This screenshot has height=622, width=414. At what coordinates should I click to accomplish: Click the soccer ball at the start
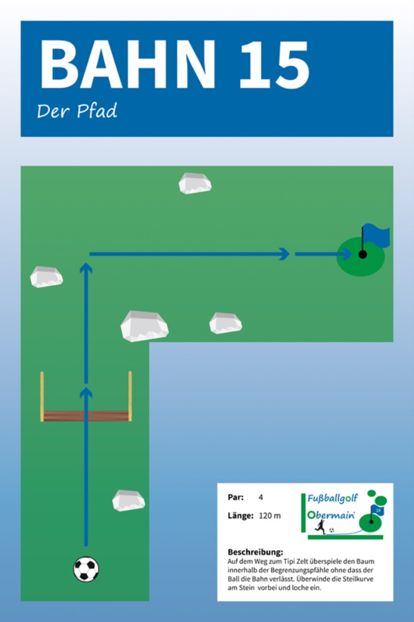86,569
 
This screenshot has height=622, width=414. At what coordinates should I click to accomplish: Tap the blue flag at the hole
375,235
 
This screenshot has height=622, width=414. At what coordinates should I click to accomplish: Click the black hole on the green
362,254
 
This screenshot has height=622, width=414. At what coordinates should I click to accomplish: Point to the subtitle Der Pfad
77,111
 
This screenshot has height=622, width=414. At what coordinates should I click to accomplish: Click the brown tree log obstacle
86,415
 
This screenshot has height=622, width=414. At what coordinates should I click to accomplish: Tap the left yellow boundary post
42,396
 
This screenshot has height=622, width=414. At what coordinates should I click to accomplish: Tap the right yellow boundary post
130,396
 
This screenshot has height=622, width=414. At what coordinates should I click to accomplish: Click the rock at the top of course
195,183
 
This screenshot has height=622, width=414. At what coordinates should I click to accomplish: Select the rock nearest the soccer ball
128,500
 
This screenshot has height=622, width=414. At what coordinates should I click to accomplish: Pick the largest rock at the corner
144,325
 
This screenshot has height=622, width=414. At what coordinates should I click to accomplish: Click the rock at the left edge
47,277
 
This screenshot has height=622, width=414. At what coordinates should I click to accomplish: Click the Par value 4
261,497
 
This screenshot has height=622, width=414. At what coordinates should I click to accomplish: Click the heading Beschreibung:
255,552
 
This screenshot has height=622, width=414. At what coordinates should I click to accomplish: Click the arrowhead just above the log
86,392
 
